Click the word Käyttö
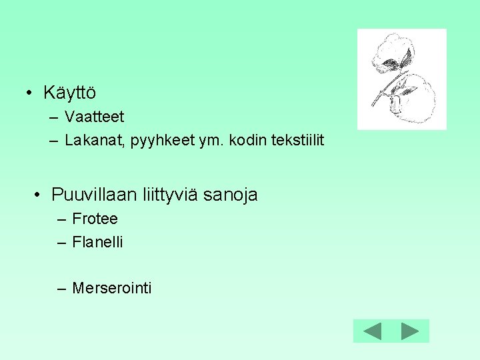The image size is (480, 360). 69,92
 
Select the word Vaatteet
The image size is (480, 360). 95,117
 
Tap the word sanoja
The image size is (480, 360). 231,195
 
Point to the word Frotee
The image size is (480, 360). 95,219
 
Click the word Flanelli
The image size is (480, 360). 97,242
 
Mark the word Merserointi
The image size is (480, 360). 111,288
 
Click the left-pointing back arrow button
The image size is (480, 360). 372,331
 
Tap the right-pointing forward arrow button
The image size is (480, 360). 410,331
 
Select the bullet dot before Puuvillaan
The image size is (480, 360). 39,195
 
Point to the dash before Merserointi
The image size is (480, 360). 61,289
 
